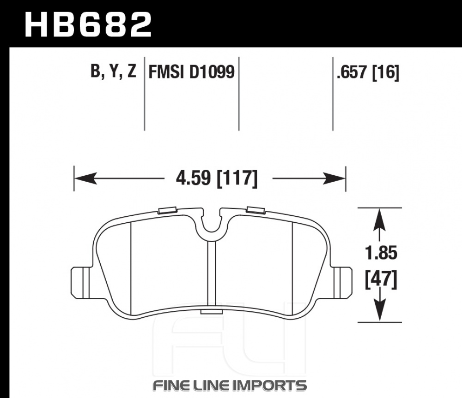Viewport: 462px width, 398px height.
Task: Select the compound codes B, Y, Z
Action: coord(114,71)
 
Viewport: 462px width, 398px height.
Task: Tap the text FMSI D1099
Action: coord(192,72)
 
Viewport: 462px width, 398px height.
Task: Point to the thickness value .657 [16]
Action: coord(368,72)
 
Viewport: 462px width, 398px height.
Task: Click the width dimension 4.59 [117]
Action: coord(217,178)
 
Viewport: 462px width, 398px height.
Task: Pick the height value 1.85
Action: coord(381,253)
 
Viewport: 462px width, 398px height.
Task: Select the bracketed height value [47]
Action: coord(381,280)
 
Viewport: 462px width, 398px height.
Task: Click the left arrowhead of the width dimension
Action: coord(86,178)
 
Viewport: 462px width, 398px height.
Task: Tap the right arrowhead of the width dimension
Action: coord(334,178)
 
